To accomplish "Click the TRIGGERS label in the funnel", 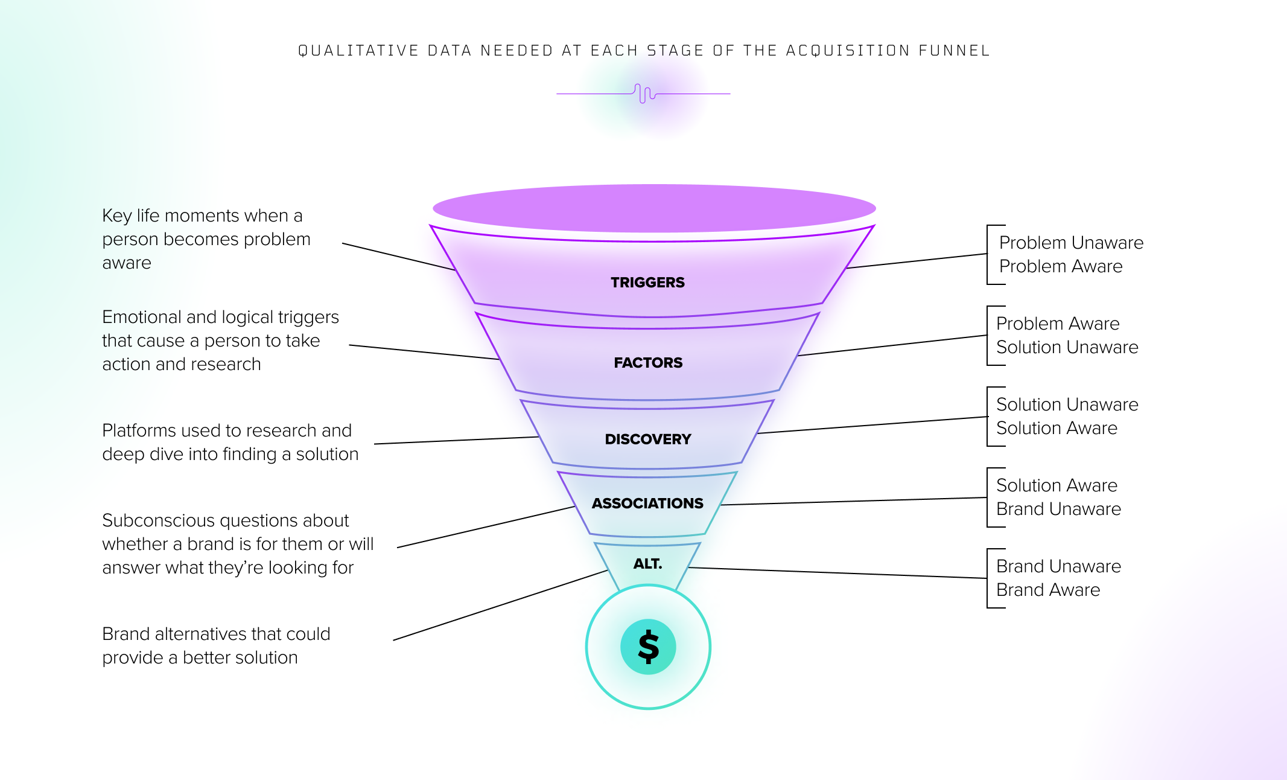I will coord(647,283).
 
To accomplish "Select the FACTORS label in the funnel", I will coord(648,363).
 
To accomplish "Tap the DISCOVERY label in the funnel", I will coord(648,440).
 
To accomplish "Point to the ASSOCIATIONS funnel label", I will coord(647,503).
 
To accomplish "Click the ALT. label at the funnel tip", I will coord(647,564).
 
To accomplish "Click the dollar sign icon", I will coord(648,647).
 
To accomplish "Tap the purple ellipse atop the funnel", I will coord(654,208).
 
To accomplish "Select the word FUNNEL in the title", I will coord(954,51).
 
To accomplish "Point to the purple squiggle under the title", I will coord(644,94).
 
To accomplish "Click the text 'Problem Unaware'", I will coord(1071,243).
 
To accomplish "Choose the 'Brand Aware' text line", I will coord(1048,590).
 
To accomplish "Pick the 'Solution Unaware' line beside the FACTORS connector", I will coord(1067,347).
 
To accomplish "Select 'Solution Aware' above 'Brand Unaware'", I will coord(1057,485).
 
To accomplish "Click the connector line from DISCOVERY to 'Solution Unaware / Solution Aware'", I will coord(872,425).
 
